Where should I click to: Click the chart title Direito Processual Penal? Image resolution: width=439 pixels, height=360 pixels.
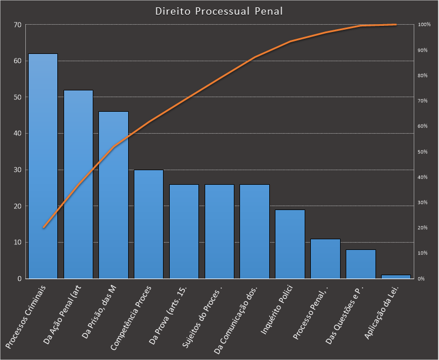(219, 11)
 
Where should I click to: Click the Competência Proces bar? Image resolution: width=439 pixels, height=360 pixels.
(148, 224)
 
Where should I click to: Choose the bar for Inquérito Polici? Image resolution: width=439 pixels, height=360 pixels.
(289, 244)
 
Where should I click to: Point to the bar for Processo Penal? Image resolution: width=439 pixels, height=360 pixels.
(325, 258)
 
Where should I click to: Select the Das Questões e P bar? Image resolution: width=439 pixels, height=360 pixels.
(360, 264)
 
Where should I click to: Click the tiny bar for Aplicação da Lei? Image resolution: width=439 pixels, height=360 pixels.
(396, 276)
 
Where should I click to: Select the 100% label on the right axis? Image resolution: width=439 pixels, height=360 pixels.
(424, 25)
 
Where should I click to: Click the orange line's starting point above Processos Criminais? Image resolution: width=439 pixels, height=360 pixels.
(43, 227)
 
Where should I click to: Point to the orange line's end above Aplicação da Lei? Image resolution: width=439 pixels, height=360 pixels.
(396, 25)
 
